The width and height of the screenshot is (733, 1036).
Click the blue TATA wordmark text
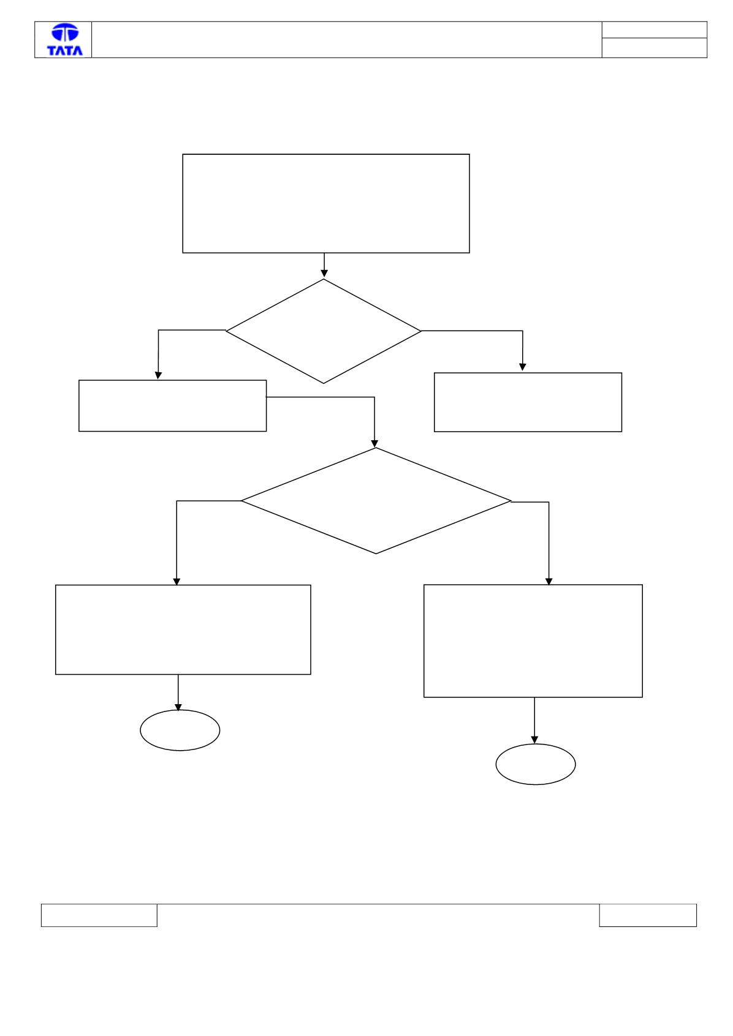[65, 50]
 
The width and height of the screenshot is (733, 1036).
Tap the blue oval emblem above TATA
[65, 32]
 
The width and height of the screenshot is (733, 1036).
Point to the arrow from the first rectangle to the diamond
[324, 265]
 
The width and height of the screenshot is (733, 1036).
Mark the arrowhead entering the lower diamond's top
[374, 444]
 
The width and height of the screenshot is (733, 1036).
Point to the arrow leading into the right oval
[534, 721]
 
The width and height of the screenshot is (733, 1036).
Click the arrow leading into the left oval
[178, 693]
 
